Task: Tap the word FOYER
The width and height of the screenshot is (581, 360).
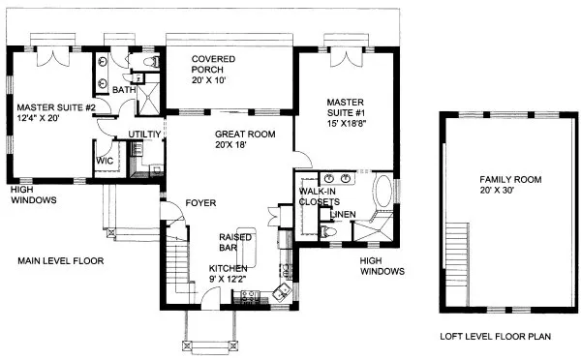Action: pyautogui.click(x=200, y=202)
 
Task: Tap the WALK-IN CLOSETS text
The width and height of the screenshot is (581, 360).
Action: pyautogui.click(x=323, y=197)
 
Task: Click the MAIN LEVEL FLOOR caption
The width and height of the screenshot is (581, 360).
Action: pyautogui.click(x=59, y=260)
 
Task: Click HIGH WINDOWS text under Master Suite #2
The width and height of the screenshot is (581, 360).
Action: pyautogui.click(x=33, y=195)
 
